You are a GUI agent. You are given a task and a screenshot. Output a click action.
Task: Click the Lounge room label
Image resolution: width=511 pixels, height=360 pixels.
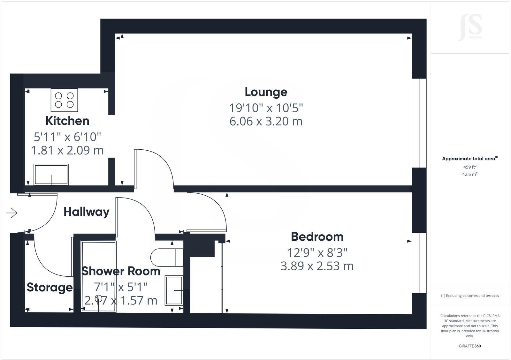266,92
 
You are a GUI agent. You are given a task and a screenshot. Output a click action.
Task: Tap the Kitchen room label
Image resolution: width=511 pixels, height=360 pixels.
67,121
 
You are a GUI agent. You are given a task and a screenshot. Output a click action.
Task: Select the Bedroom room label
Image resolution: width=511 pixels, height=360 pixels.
317,237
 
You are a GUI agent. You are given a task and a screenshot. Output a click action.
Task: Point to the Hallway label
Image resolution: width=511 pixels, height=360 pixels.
86,212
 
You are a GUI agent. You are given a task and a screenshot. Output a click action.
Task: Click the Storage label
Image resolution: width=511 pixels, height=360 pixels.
50,287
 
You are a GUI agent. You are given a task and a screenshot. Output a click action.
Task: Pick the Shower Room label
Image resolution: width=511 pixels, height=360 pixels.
121,271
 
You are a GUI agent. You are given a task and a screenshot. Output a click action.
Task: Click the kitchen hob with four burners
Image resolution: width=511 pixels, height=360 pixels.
64,100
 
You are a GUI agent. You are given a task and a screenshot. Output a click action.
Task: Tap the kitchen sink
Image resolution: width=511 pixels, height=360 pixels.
51,174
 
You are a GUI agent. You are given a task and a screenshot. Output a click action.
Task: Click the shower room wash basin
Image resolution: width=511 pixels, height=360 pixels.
174,290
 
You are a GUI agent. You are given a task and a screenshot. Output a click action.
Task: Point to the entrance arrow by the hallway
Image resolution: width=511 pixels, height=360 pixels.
12,213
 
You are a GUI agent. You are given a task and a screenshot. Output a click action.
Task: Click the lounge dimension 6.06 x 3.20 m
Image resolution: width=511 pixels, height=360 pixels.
266,121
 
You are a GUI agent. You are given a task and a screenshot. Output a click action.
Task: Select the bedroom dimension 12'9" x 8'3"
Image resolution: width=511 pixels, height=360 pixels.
317,253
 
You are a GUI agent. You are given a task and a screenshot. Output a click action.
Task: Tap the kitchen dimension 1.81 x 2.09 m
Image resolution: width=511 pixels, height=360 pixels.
67,150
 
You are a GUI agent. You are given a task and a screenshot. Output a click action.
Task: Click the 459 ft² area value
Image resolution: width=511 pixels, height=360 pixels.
469,167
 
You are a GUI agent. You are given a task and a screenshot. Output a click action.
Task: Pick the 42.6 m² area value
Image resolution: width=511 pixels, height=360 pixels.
469,174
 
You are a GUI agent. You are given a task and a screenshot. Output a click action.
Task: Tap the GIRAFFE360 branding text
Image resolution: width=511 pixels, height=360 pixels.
469,346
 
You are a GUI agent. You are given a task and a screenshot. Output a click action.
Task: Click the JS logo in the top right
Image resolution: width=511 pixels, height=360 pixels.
470,28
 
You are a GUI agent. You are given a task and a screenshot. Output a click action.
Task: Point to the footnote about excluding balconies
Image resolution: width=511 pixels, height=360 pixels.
469,296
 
